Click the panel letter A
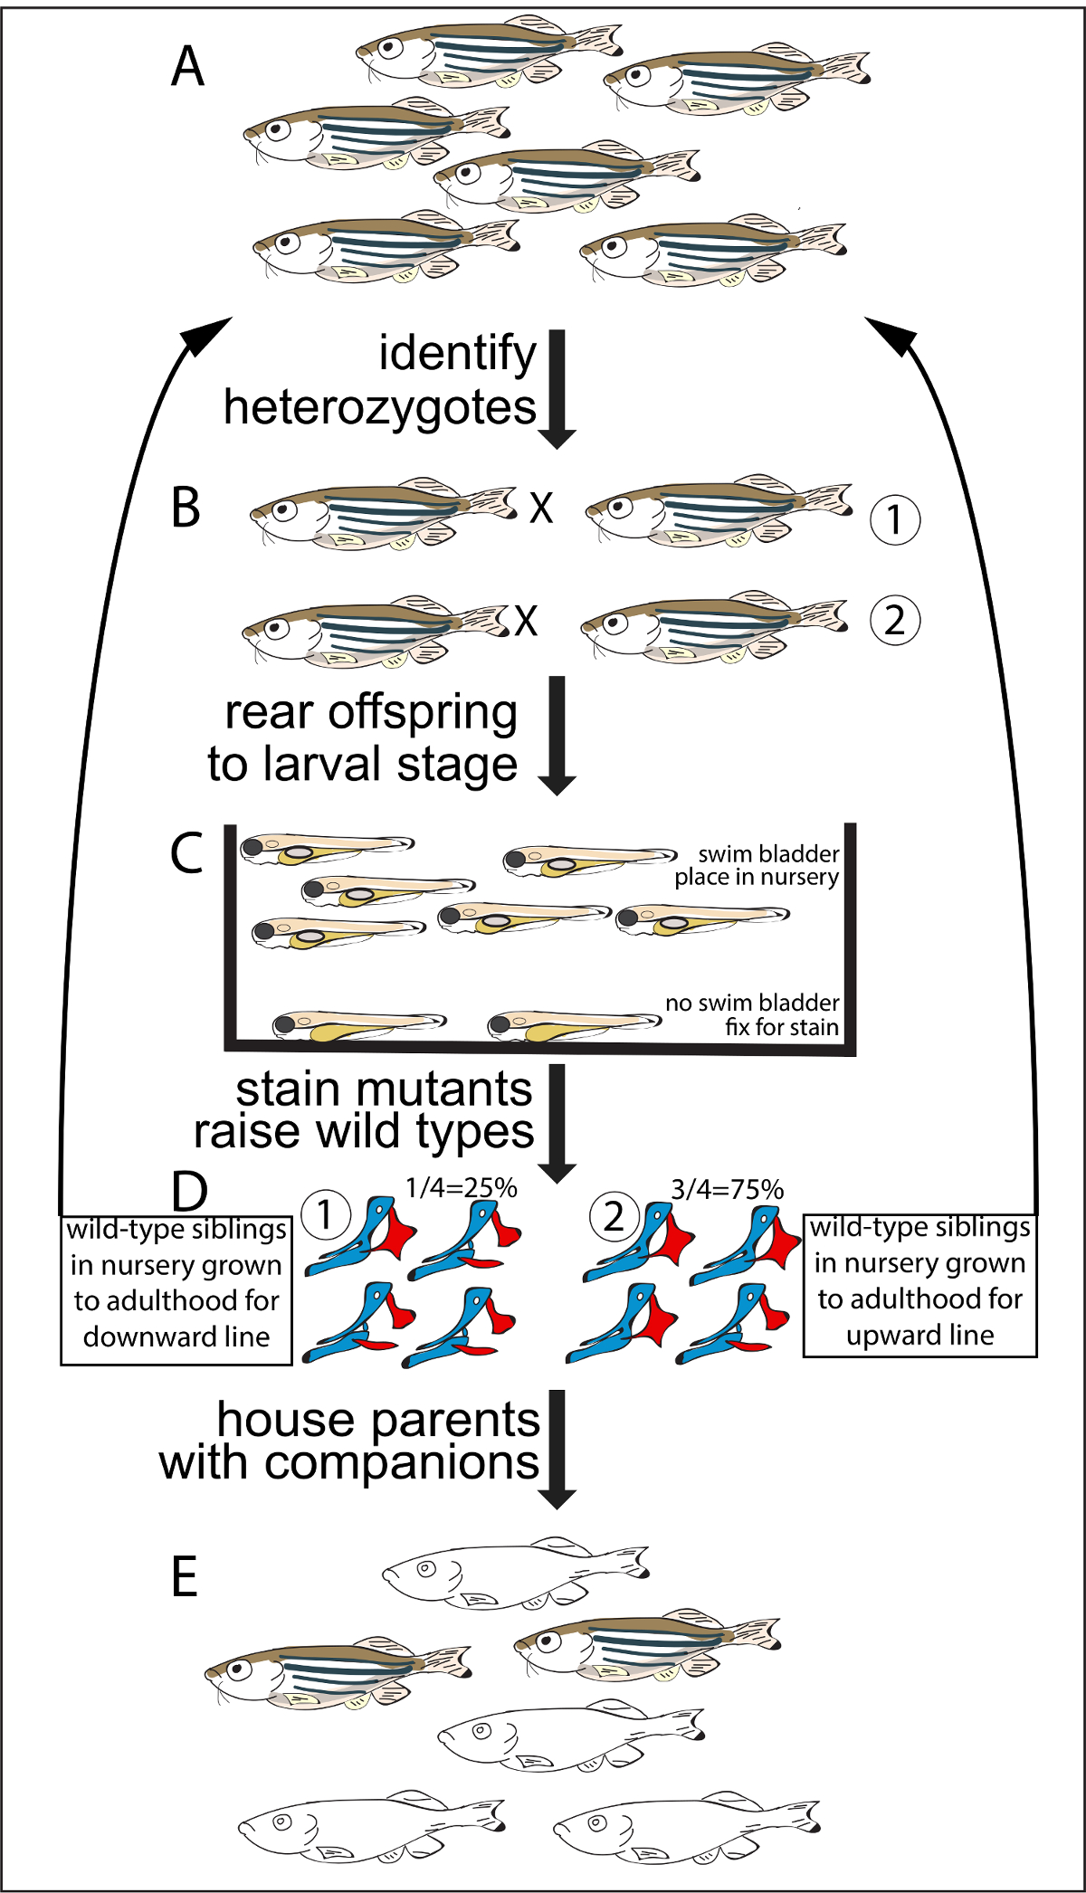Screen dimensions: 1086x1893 pos(188,66)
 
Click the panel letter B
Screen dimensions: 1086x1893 pos(186,507)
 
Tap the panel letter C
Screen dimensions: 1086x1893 pos(186,852)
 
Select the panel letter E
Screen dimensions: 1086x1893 pos(185,1577)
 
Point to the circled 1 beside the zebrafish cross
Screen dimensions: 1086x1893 pos(895,519)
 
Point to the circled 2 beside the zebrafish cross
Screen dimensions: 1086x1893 pos(895,620)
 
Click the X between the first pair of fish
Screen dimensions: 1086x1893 pos(541,508)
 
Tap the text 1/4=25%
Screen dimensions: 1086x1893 pos(462,1187)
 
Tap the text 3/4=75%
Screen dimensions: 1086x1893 pos(727,1189)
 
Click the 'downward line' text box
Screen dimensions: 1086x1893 pos(176,1290)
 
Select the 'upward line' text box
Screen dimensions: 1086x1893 pos(920,1286)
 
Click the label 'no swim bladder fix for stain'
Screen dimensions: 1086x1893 pos(752,1014)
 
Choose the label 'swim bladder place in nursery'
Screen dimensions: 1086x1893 pos(757,865)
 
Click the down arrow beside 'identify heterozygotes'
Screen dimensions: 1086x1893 pos(557,389)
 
